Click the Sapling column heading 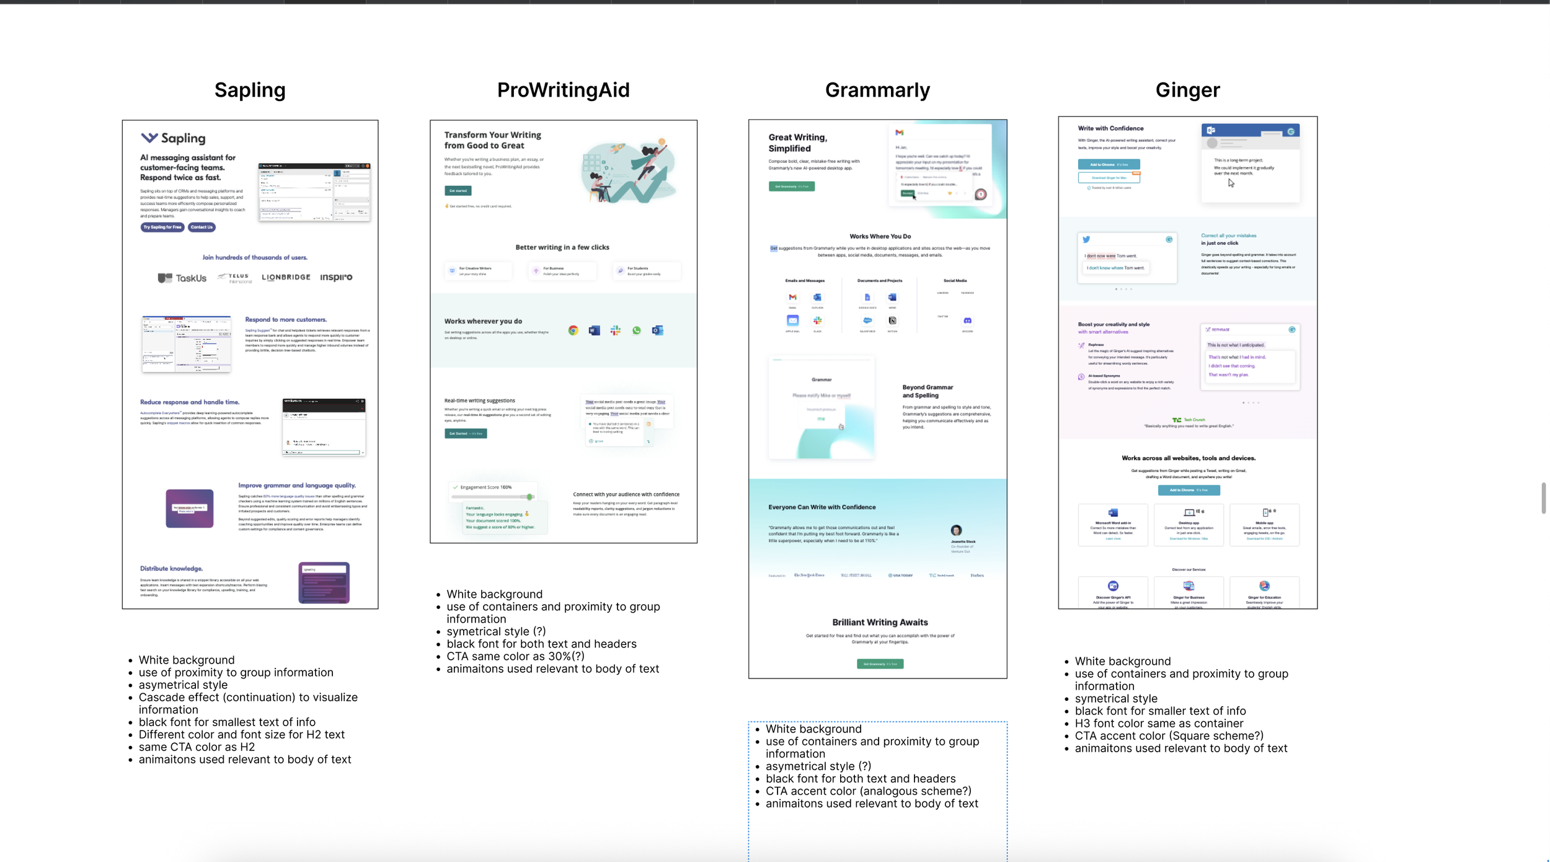[250, 91]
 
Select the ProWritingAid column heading [563, 91]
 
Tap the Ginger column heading [1187, 91]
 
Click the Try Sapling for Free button [162, 227]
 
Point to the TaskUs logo [182, 278]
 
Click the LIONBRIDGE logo [286, 277]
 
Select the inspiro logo [336, 277]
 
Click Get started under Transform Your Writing [458, 191]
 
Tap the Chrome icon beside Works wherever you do [573, 331]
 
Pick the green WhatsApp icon [636, 331]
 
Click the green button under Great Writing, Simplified [791, 186]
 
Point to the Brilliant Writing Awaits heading [880, 622]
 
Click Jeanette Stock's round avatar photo [956, 530]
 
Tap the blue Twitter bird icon [1086, 239]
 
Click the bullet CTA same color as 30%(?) [515, 656]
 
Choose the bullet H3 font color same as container [1159, 723]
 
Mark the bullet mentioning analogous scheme [868, 791]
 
